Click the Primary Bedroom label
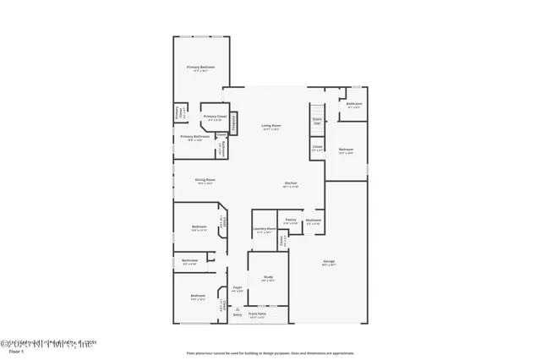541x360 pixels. (200, 68)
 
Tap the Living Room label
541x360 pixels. (270, 126)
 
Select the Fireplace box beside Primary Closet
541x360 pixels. (234, 124)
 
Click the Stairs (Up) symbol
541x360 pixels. (318, 122)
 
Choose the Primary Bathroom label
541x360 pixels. (194, 137)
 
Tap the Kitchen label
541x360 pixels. (290, 183)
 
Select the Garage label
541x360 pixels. (329, 262)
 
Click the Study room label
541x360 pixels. (268, 277)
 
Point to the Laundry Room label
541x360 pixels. (265, 229)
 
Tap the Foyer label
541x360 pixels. (238, 287)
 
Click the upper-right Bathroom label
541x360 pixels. (353, 105)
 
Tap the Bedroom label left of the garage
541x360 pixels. (345, 150)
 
